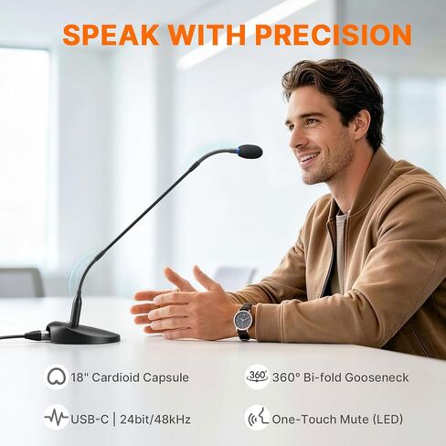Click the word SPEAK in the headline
pos(111,35)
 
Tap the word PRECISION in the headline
pos(334,35)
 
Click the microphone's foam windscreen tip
pos(250,152)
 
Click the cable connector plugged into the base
pos(37,335)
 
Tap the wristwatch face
pos(243,320)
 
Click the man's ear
pos(363,125)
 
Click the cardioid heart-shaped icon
pos(56,377)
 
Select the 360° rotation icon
pos(257,377)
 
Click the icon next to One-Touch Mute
pos(258,418)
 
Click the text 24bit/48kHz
pos(155,419)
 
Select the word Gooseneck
pos(377,377)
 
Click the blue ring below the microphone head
pos(239,150)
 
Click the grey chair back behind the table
pos(21,282)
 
